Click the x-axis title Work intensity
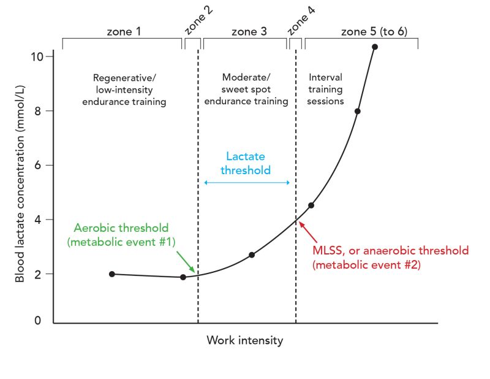pos(245,340)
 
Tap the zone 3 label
pos(249,32)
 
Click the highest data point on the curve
pos(375,47)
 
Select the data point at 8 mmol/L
pos(358,111)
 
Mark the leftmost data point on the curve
pos(111,274)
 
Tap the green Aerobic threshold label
pos(121,234)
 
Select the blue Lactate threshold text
pos(246,163)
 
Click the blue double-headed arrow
pos(247,183)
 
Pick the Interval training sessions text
pos(326,90)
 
